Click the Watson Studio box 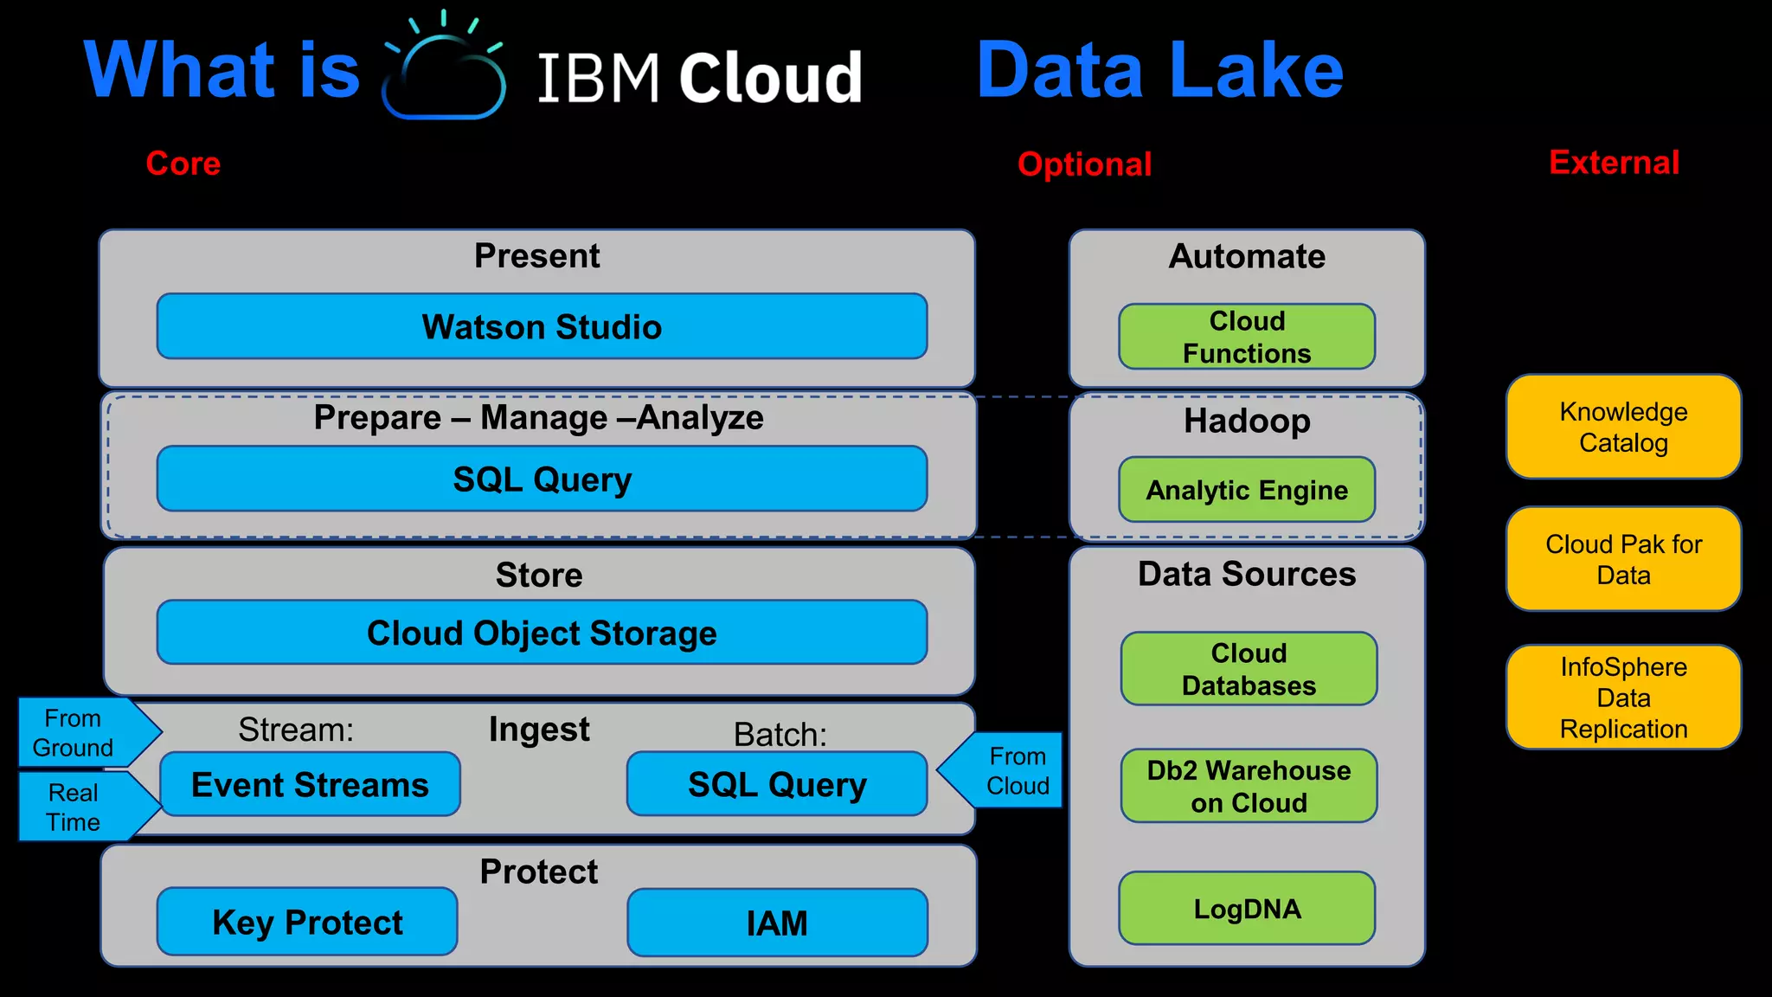point(542,326)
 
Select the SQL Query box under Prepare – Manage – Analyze point(542,479)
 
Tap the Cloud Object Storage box point(542,633)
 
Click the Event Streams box point(310,784)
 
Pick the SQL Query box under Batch point(777,784)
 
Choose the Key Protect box point(307,922)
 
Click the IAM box point(777,923)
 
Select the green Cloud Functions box point(1247,337)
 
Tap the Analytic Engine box point(1247,490)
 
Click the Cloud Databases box point(1249,669)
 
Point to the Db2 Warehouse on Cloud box point(1249,786)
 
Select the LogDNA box point(1247,909)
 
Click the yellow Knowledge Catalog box point(1623,427)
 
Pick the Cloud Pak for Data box point(1623,559)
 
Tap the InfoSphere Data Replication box point(1623,698)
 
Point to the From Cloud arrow point(1008,770)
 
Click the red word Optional point(1084,164)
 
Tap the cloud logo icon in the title point(444,74)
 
